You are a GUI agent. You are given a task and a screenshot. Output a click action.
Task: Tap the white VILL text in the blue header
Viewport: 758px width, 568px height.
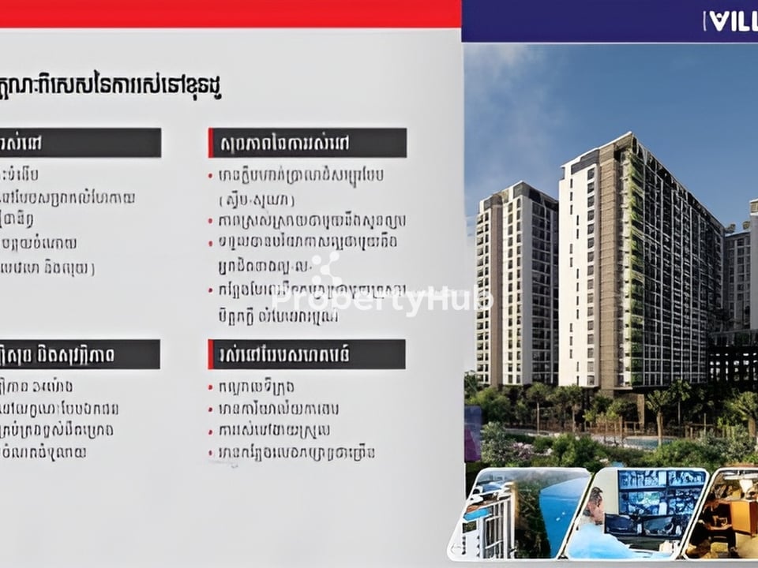coord(731,21)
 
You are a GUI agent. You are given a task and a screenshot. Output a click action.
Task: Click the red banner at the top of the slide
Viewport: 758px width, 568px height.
coord(229,13)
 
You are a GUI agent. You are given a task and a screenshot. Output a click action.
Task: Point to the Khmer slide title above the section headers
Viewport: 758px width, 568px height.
coord(111,89)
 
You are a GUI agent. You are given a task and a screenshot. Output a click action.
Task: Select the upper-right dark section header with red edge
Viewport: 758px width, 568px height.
coord(308,144)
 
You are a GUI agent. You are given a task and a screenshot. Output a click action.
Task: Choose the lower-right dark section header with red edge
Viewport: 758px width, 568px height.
coord(307,354)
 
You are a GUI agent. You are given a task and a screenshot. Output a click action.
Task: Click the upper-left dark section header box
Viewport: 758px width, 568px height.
coord(79,144)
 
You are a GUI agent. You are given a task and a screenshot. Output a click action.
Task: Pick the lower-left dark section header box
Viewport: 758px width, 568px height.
coord(79,354)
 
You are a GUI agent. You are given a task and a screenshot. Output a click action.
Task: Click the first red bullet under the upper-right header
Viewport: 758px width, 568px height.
coord(211,174)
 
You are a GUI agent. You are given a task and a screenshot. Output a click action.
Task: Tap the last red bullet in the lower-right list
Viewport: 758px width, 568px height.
coord(211,453)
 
